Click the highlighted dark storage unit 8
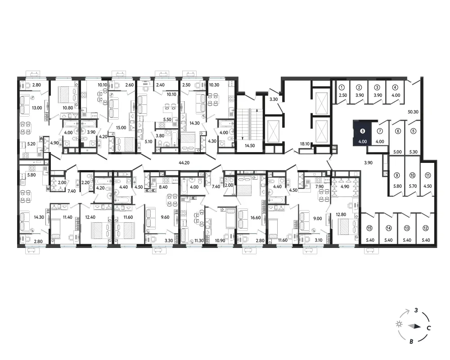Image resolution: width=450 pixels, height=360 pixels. point(362,133)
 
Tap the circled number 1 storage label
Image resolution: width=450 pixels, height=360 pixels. point(342,88)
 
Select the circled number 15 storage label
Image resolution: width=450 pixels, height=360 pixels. point(369,228)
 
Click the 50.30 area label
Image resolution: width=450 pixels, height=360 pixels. point(413,112)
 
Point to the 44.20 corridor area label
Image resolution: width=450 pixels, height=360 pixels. point(184,163)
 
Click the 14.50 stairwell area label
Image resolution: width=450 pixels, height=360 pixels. point(250,145)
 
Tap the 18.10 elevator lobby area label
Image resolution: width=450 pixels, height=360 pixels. point(305,144)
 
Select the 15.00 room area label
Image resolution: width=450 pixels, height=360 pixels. point(121,128)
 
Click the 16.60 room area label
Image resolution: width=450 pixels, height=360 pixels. point(256,218)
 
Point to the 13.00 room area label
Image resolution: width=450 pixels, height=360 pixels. point(37,108)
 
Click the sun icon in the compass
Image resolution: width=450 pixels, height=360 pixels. point(399,324)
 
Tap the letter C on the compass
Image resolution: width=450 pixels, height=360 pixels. point(428,328)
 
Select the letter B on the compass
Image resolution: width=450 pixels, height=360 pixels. point(411,342)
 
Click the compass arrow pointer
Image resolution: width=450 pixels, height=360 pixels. point(414,326)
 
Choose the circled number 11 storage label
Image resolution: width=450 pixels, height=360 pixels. point(427,175)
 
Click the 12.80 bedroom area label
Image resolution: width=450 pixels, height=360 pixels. point(341,215)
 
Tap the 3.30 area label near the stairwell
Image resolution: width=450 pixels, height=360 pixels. point(274,99)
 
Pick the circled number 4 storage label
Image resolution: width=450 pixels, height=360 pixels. point(395,88)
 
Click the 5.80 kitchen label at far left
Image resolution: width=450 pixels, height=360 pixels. point(31,175)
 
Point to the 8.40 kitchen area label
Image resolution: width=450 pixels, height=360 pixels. point(163,187)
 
